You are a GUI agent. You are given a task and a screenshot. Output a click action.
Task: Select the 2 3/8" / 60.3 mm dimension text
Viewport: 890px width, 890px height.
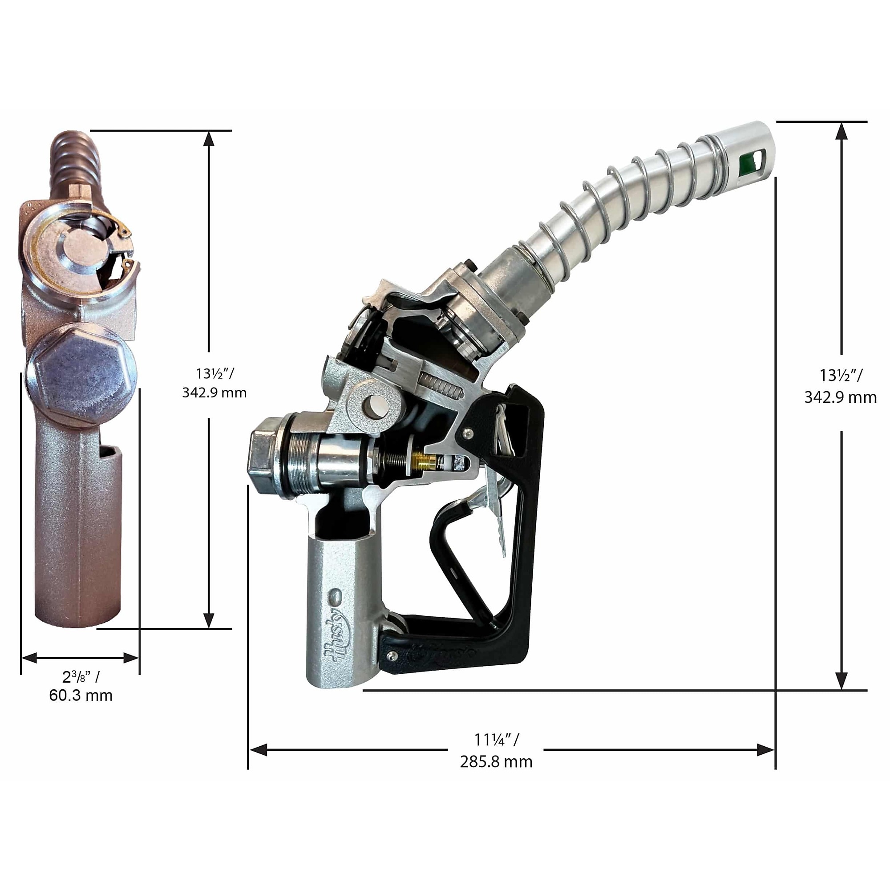click(x=81, y=686)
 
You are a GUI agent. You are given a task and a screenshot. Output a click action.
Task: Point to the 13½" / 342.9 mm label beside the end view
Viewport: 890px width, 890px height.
click(x=214, y=383)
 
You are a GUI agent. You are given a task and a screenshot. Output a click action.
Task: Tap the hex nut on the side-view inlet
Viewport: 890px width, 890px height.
click(x=266, y=456)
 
